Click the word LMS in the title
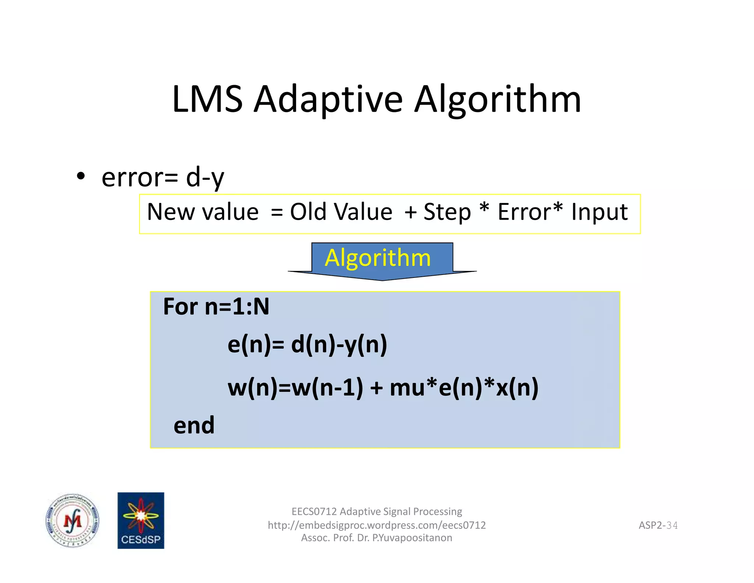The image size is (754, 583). pyautogui.click(x=207, y=99)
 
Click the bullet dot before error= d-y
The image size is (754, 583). pyautogui.click(x=81, y=176)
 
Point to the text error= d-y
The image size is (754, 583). pyautogui.click(x=162, y=178)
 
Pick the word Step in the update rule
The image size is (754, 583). pyautogui.click(x=447, y=213)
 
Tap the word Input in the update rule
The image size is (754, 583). pyautogui.click(x=599, y=213)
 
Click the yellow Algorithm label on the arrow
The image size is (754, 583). pyautogui.click(x=378, y=258)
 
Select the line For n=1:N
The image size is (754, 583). pyautogui.click(x=216, y=307)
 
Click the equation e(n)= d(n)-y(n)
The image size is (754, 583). pyautogui.click(x=307, y=345)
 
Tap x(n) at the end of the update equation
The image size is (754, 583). pyautogui.click(x=517, y=388)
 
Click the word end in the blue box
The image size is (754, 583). pyautogui.click(x=194, y=425)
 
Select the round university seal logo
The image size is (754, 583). pyautogui.click(x=73, y=521)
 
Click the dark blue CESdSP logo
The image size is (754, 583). pyautogui.click(x=141, y=520)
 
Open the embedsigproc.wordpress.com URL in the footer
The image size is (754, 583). pyautogui.click(x=377, y=525)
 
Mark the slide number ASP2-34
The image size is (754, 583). pyautogui.click(x=658, y=525)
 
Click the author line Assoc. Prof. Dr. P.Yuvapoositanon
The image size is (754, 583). pyautogui.click(x=377, y=538)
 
